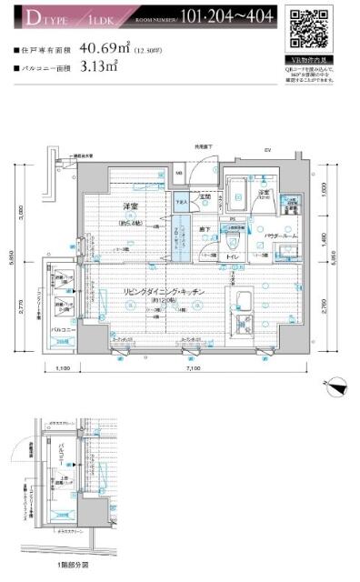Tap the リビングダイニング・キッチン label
(164, 291)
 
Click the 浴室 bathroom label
(264, 192)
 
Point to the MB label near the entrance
(179, 173)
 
